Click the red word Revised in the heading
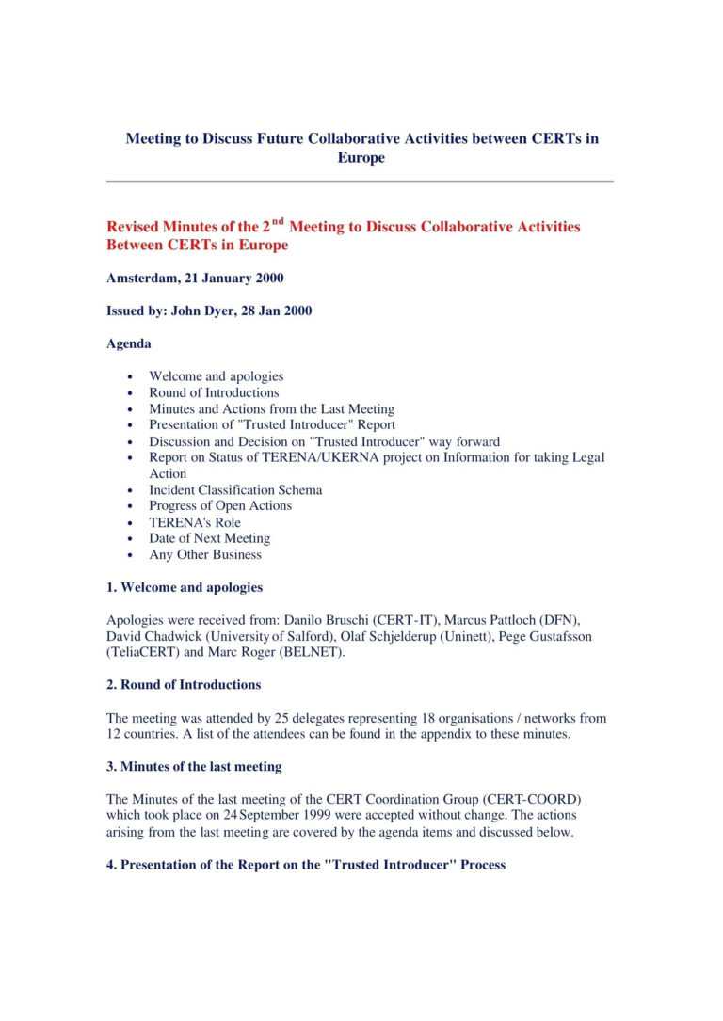[135, 227]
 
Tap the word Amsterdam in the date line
[141, 278]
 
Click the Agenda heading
[129, 343]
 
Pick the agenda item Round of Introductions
[214, 392]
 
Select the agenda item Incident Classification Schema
[235, 489]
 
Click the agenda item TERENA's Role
[195, 522]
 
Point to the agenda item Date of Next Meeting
[209, 538]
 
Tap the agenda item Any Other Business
[205, 554]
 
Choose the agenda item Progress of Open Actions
[220, 505]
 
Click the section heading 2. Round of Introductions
[184, 684]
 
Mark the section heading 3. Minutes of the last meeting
[194, 767]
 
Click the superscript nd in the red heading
[278, 222]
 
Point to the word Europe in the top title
[361, 157]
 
